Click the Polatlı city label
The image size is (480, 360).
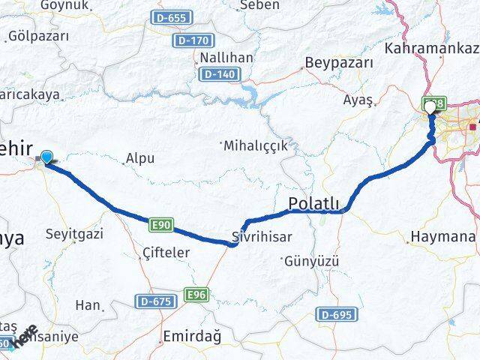coord(314,204)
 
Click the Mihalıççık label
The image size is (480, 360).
coord(255,145)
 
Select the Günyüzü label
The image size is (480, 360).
coord(312,261)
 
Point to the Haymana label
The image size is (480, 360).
coord(443,237)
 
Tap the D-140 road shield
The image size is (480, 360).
coord(218,74)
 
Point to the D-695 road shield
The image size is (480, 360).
coord(334,313)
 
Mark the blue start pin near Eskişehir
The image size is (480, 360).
coord(47,156)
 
